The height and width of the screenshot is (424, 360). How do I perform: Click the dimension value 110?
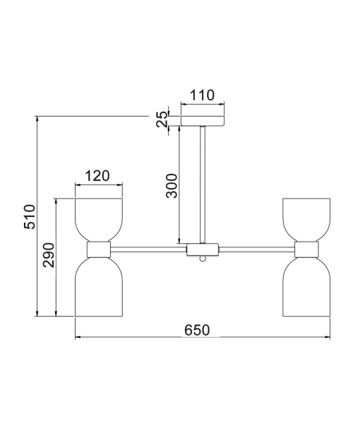point(202,95)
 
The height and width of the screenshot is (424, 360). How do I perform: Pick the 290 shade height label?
point(49,257)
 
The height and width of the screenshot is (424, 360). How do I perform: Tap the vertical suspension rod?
point(203,184)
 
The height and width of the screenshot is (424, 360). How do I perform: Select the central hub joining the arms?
point(203,249)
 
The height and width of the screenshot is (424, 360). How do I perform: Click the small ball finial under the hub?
point(203,259)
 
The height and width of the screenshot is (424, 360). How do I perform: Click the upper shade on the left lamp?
point(99,219)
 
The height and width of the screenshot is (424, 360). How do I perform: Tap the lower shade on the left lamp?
point(99,286)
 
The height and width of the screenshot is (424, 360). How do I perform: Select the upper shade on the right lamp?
point(307,219)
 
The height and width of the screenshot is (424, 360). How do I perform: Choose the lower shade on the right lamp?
point(307,286)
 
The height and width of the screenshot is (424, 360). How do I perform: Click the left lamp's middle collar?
point(99,249)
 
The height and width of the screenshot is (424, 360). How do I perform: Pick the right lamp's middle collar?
point(307,249)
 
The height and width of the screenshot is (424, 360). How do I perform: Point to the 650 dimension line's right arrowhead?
point(327,337)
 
